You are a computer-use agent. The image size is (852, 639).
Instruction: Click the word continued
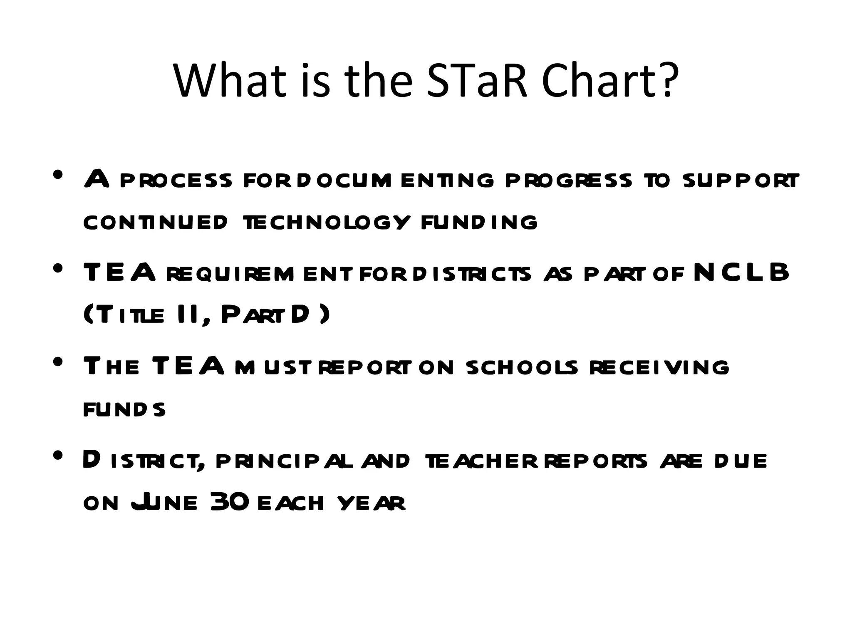[x=156, y=222]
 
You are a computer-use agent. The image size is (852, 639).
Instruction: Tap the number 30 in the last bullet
[x=230, y=502]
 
